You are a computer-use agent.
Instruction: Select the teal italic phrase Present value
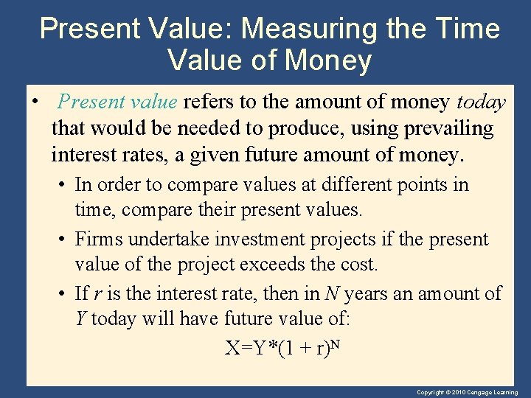pyautogui.click(x=117, y=101)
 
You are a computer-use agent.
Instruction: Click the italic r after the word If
pyautogui.click(x=97, y=294)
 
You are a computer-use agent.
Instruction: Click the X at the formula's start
pyautogui.click(x=232, y=348)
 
